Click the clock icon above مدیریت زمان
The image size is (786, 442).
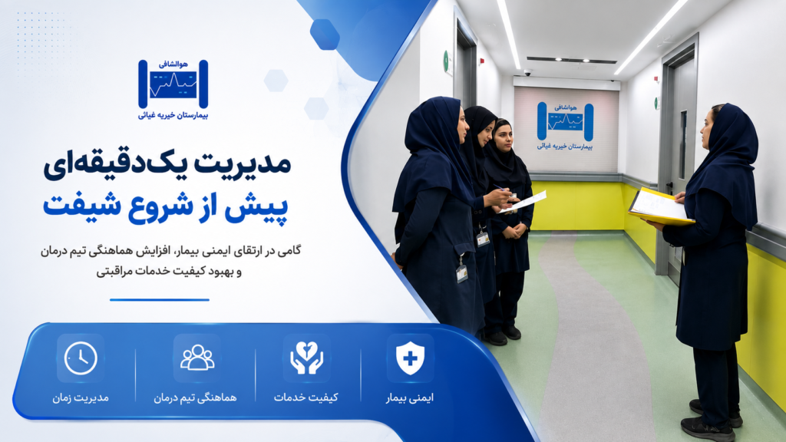coord(81,358)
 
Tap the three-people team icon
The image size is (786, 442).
coord(197,358)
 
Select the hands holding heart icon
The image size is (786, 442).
coord(306,358)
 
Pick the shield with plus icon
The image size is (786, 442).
coord(410,358)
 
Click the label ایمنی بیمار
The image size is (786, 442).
coord(410,398)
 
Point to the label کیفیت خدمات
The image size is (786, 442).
coord(305,397)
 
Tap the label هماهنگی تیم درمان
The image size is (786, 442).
coord(195,397)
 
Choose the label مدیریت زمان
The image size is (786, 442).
coord(80,397)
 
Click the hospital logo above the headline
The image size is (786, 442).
coord(173,90)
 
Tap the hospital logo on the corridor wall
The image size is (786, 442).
coord(565,126)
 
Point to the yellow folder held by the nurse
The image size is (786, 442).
coord(660,207)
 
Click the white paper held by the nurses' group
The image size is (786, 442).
coord(523,202)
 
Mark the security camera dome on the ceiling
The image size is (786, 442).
coord(528,73)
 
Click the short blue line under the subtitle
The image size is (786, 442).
coord(160,300)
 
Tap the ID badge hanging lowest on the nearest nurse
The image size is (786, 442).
coord(461,274)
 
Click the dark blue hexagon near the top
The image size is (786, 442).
coord(325,34)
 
